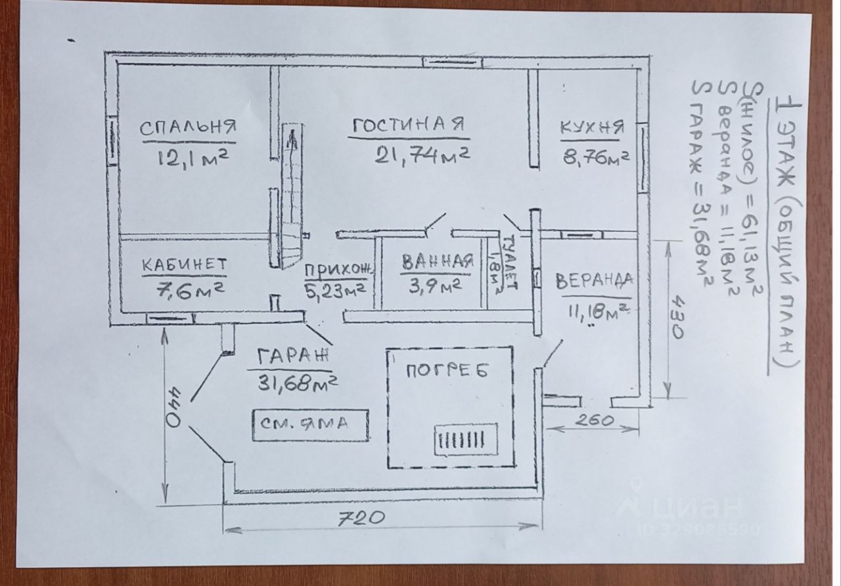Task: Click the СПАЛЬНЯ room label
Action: pos(188,127)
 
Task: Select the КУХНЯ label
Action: pos(591,127)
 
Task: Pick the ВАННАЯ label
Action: pos(437,261)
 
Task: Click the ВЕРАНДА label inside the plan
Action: pos(594,281)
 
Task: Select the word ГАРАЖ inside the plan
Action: pos(292,358)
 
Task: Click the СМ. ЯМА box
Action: pos(310,424)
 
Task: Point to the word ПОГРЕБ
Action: pos(447,371)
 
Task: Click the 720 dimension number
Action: pos(359,518)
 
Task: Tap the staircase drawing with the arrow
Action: pos(290,197)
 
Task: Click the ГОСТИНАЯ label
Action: pos(409,125)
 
